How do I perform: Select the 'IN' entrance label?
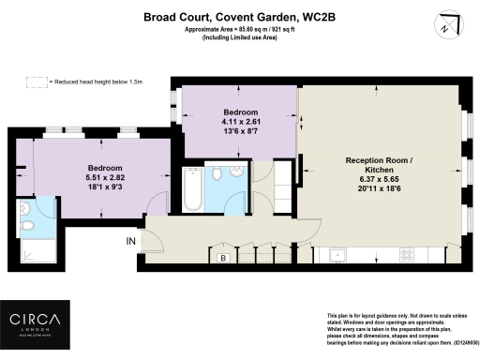point(132,241)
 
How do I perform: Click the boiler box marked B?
point(223,257)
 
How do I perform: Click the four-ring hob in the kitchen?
point(408,254)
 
